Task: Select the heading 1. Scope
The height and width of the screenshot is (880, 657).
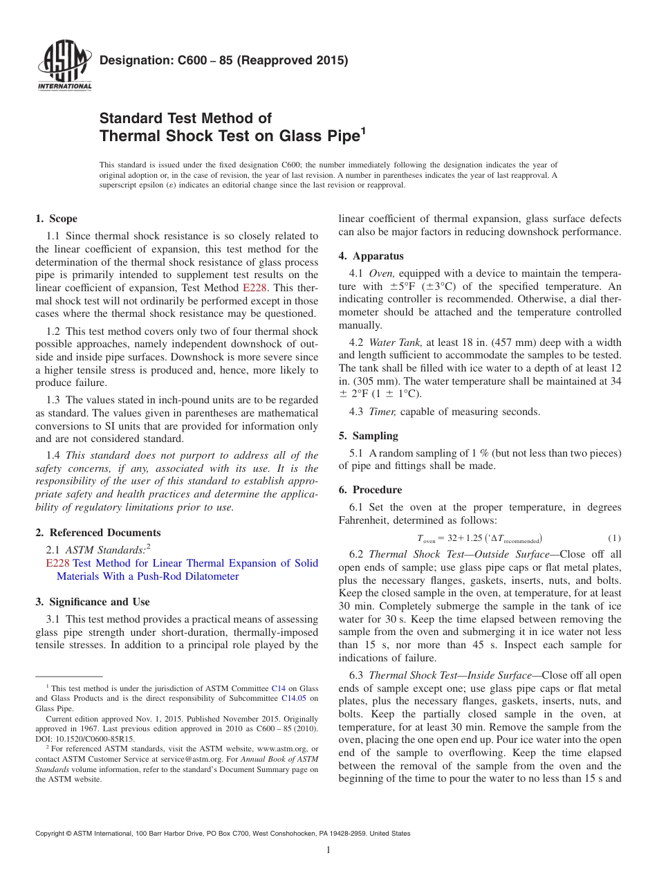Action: [56, 219]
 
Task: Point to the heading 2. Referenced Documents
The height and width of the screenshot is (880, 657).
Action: [98, 533]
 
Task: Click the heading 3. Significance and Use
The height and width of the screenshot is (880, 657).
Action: [92, 602]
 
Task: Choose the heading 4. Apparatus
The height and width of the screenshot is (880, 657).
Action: [371, 256]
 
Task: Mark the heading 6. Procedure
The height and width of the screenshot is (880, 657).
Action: [370, 490]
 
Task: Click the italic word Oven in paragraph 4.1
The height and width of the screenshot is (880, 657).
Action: [382, 273]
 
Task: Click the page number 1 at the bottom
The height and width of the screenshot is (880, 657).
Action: [328, 850]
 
